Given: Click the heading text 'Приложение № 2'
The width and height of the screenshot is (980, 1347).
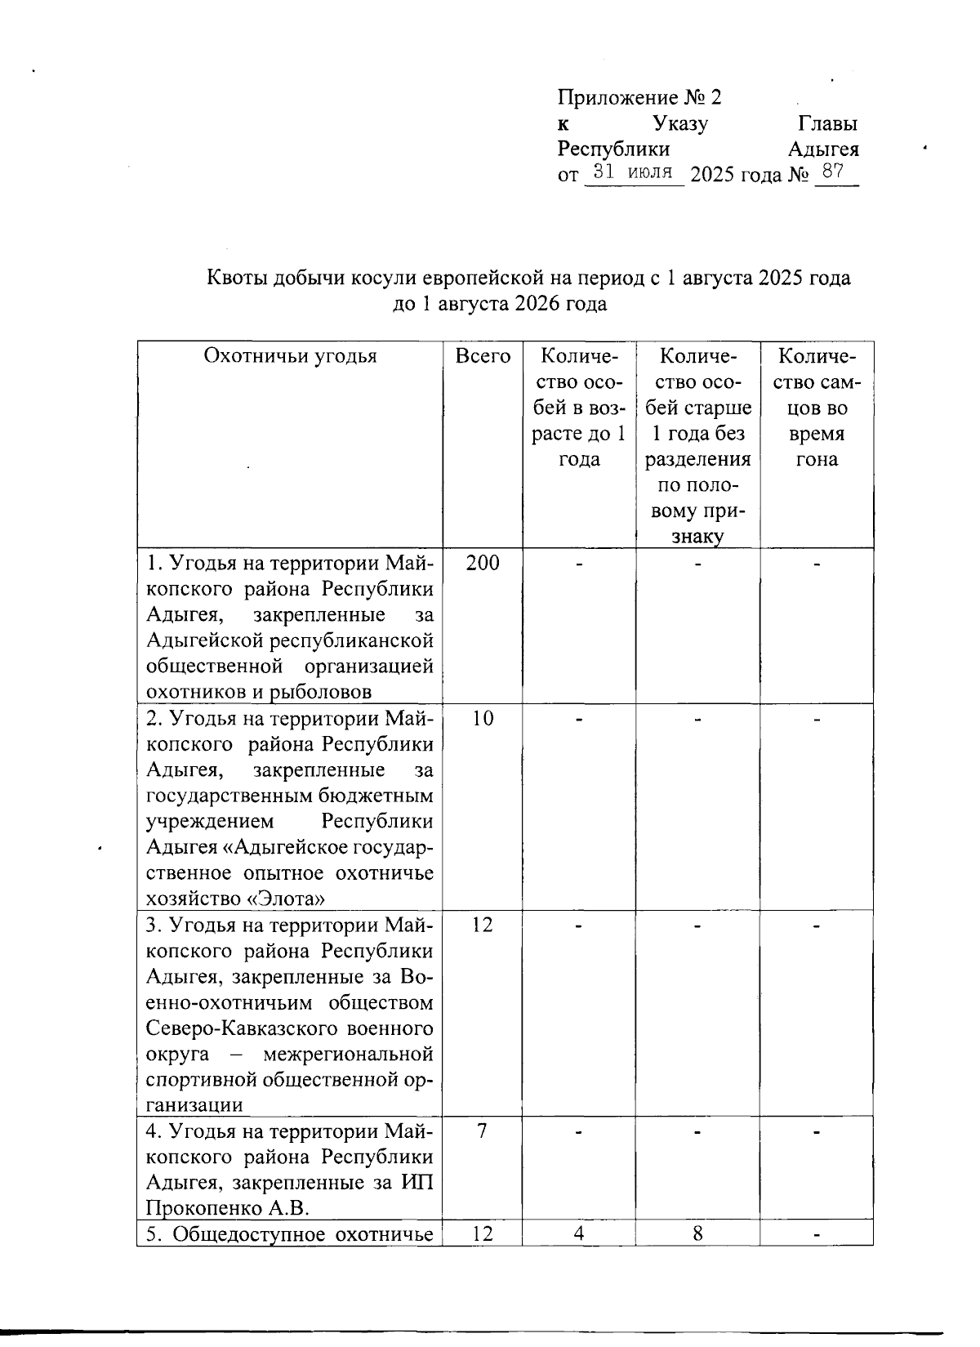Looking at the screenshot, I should click(x=639, y=98).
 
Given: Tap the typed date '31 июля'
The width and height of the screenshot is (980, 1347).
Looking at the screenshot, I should click(x=633, y=172).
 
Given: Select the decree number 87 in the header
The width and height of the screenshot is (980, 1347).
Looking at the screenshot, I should click(x=833, y=172).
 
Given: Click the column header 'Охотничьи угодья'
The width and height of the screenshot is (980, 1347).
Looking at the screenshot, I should click(x=290, y=356).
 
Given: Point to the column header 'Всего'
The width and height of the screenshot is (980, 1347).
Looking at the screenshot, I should click(x=483, y=356).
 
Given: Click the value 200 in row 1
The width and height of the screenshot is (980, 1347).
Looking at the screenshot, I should click(x=482, y=563).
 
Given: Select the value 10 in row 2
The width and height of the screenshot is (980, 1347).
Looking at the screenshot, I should click(x=482, y=718).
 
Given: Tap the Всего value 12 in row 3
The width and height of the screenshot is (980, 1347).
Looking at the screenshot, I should click(x=482, y=925).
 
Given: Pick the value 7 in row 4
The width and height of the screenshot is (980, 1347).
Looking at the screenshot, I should click(x=482, y=1131).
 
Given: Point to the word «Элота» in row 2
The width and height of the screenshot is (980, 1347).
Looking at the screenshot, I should click(x=286, y=899).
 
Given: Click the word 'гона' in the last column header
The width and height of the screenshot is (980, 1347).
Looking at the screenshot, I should click(x=817, y=460).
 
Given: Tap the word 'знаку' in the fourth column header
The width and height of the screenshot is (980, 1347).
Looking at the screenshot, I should click(x=697, y=537).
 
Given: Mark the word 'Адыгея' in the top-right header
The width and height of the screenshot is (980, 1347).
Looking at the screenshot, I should click(x=823, y=150).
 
